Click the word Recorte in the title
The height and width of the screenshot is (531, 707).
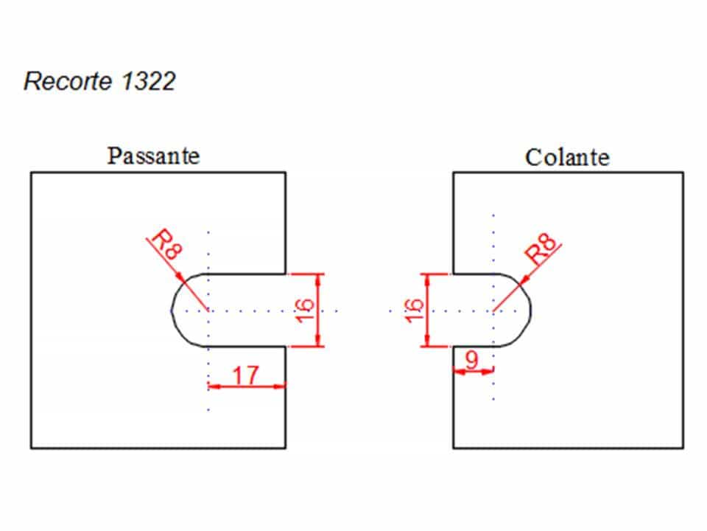[x=68, y=81]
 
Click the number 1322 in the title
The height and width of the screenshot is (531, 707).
[x=148, y=81]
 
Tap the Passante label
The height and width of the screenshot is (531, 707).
[x=153, y=156]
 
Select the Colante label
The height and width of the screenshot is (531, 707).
[x=567, y=158]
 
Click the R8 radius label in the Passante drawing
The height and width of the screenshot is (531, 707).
[x=167, y=245]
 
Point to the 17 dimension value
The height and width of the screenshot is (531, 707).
[x=246, y=375]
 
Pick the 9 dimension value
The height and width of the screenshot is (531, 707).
[x=471, y=360]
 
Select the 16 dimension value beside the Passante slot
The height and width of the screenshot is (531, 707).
[x=305, y=310]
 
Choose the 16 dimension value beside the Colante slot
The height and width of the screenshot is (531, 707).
[x=415, y=310]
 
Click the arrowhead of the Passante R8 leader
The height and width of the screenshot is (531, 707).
[x=180, y=276]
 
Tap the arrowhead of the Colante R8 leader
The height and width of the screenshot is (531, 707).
[x=525, y=279]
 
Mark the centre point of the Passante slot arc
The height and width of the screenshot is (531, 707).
[x=208, y=310]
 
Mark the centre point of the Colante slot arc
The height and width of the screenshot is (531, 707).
[x=493, y=310]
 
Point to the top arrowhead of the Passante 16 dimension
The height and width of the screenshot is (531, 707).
[x=318, y=280]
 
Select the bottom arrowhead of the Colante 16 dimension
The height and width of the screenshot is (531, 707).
[x=427, y=341]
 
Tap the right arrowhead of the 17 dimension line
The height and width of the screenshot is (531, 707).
[x=280, y=386]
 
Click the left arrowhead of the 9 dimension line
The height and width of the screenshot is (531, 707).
[x=459, y=372]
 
